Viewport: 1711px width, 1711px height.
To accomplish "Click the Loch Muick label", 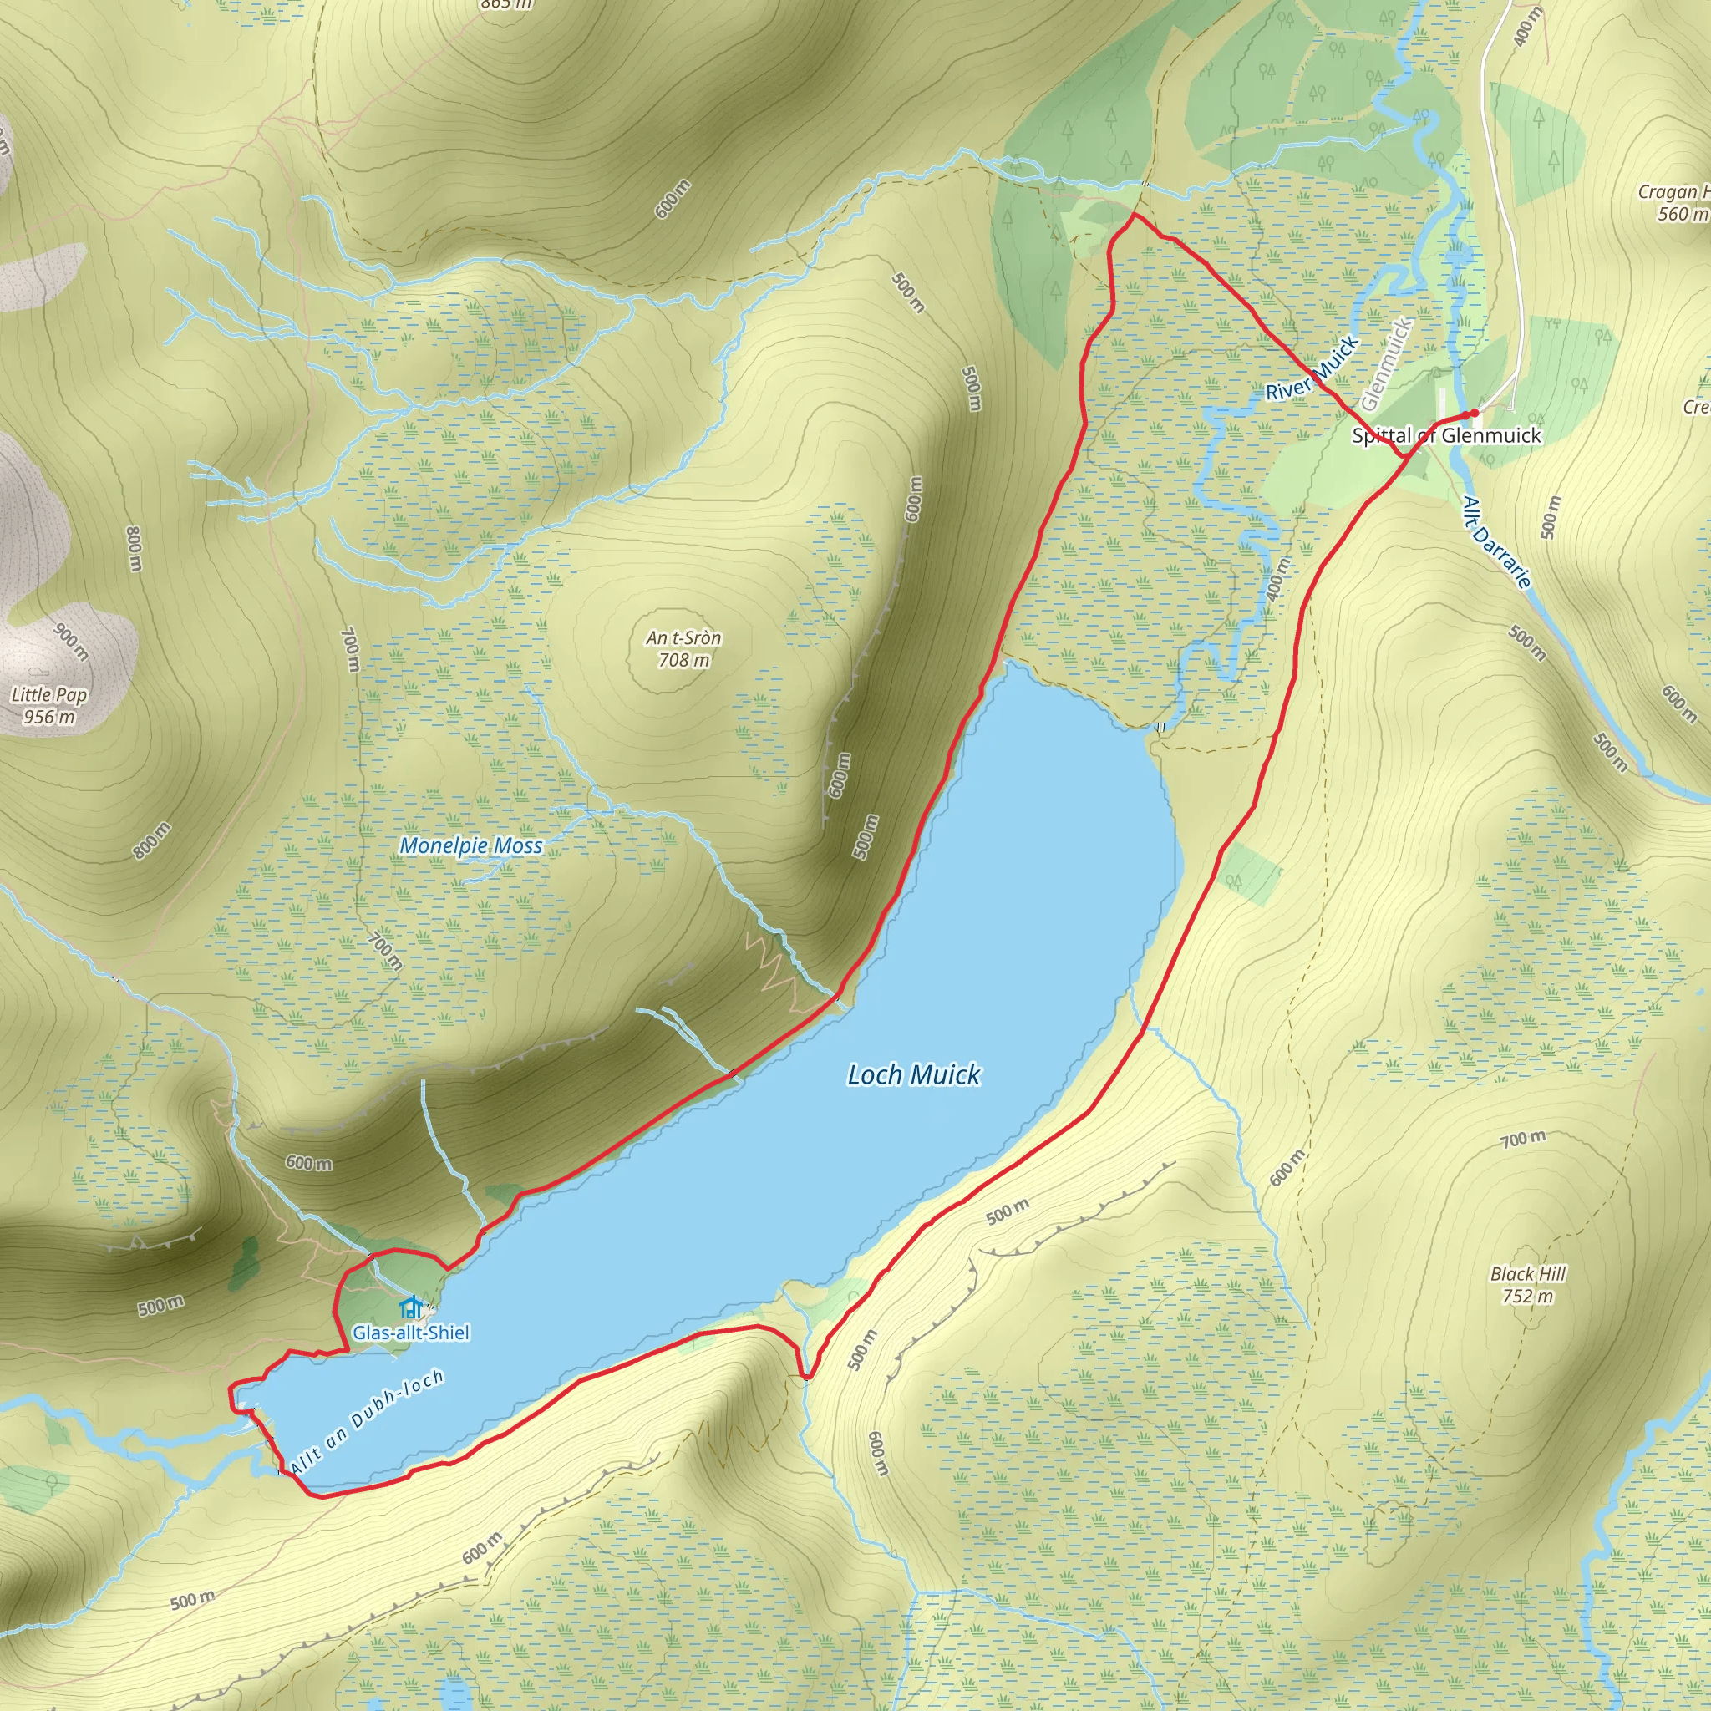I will click(913, 1075).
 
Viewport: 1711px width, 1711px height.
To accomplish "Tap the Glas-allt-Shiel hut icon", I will click(409, 1308).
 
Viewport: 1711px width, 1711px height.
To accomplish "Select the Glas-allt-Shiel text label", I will click(411, 1333).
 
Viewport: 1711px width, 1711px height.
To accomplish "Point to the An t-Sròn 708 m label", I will click(683, 648).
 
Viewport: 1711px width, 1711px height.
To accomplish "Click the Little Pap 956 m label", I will click(48, 706).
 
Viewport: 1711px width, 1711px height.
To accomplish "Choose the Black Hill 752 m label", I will click(1528, 1285).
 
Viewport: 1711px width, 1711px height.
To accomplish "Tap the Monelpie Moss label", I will click(471, 845).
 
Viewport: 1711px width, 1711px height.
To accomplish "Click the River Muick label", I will click(1312, 368).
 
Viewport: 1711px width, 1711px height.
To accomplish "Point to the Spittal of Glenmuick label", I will click(1446, 436).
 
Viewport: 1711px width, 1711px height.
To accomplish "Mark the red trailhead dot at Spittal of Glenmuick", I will click(1474, 414).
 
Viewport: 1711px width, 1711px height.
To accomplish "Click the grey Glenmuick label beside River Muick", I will click(1387, 364).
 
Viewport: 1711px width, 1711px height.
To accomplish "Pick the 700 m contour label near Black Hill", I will click(1523, 1139).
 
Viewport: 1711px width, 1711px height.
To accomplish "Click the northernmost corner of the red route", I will click(1134, 215).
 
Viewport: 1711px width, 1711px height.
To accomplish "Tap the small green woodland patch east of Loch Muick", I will click(1251, 874).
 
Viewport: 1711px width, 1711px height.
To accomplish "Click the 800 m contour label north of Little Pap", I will click(134, 549).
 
